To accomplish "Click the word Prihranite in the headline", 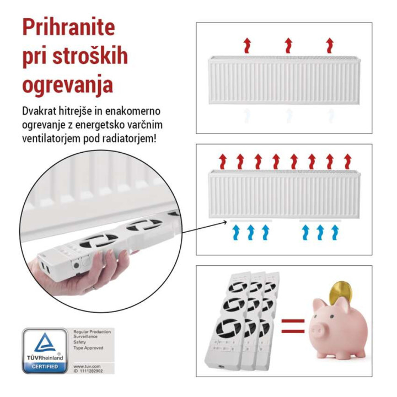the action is pos(68,28).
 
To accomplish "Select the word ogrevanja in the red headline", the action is pos(68,85).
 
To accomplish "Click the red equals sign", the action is pos(293,326).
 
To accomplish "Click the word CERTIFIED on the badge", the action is pos(45,367).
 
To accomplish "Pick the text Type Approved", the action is pos(88,348).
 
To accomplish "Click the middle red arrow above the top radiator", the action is pos(288,45).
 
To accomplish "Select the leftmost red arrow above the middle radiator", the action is pos(223,161).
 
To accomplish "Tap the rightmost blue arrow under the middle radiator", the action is pos(335,233).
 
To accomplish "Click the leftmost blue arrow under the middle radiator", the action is pos(236,233).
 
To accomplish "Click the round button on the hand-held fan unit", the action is pos(76,265).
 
